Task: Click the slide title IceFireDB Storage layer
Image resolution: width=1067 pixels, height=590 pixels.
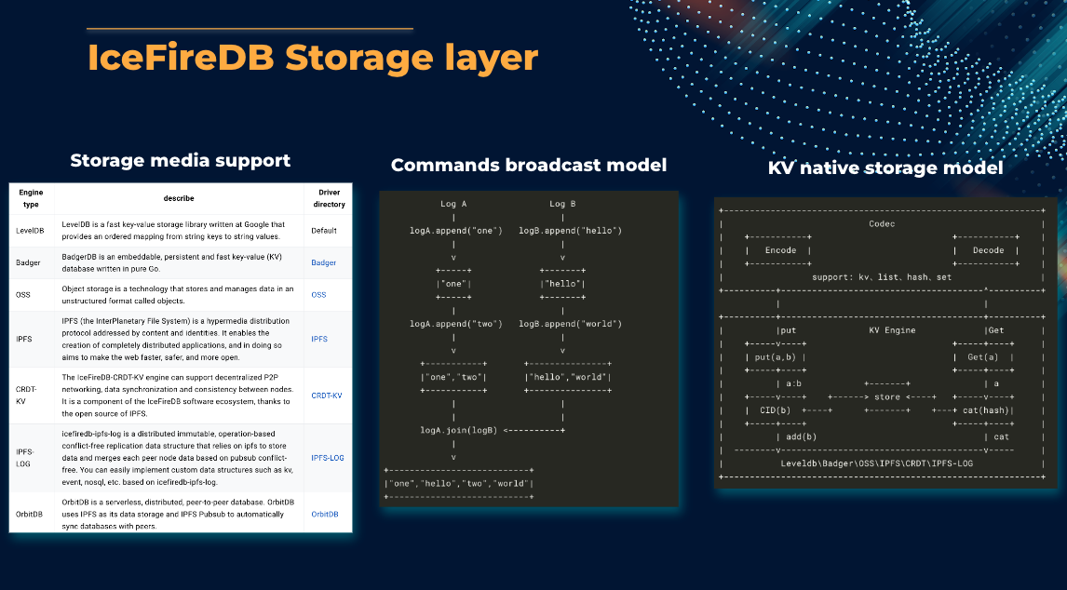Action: pos(313,58)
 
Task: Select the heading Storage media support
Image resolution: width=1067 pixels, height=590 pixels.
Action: pos(181,160)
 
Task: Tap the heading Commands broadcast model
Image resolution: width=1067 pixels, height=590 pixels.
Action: pos(529,166)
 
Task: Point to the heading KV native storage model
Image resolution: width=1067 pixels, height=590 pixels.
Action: pos(885,168)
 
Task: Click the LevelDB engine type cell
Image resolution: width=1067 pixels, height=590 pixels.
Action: pos(30,230)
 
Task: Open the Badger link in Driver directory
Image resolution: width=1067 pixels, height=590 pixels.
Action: pos(323,262)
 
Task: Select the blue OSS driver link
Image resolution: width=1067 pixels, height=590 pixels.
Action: pos(318,294)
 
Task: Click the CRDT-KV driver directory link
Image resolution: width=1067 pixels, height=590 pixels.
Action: pos(326,396)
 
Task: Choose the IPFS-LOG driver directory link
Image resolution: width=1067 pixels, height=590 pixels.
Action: pos(327,458)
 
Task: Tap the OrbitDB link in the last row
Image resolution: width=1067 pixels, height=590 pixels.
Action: pos(325,514)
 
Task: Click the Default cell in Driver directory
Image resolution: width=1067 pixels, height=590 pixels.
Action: pos(324,230)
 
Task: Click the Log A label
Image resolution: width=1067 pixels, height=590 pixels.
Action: pos(452,204)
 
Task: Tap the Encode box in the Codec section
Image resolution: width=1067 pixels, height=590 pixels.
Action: pos(780,250)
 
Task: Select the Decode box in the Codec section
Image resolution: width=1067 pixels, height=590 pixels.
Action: pos(988,250)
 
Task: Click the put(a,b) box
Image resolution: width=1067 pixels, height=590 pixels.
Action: pos(776,357)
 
